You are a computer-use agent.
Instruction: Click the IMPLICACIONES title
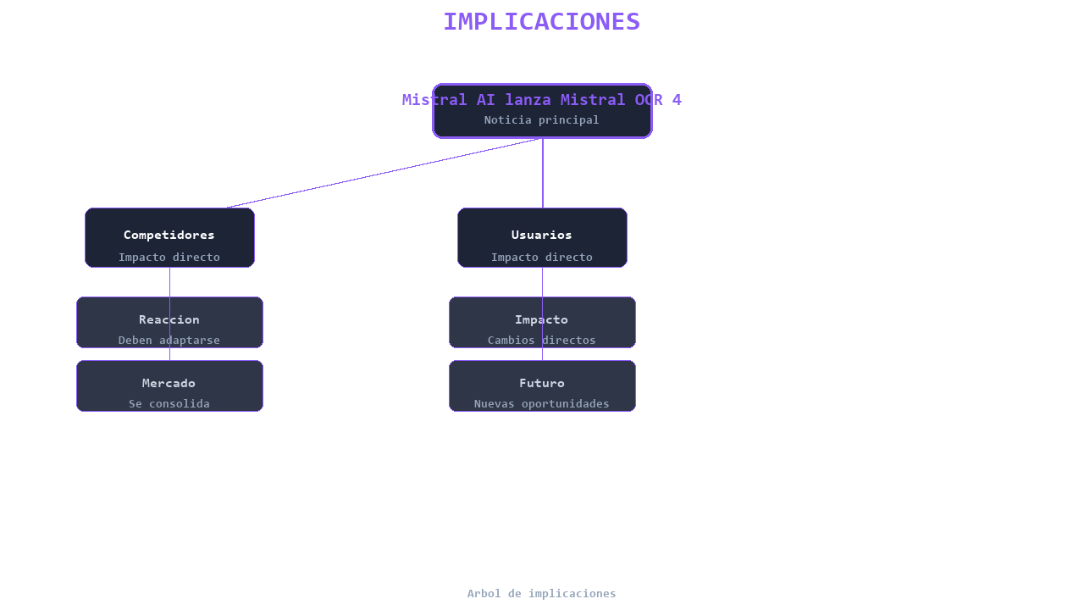click(542, 22)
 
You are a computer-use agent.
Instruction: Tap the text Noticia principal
click(541, 120)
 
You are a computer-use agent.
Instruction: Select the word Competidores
click(169, 235)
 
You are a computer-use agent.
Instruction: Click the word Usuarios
click(541, 235)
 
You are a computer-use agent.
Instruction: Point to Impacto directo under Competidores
click(169, 257)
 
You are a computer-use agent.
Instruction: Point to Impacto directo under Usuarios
click(541, 257)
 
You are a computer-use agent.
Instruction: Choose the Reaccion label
click(169, 319)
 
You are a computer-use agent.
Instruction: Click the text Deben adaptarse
click(169, 341)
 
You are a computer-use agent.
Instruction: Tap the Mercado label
click(169, 383)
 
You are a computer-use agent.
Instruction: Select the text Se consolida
click(169, 404)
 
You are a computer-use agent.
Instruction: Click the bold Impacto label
click(541, 319)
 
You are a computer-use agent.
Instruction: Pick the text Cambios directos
click(541, 341)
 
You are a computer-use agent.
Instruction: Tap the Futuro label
click(541, 383)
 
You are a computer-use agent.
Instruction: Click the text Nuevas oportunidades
click(541, 404)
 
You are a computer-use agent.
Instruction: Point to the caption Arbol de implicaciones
click(541, 594)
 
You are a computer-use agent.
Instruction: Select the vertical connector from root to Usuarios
click(543, 174)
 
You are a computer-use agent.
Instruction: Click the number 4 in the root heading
click(677, 100)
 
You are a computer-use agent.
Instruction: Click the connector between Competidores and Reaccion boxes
click(169, 282)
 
